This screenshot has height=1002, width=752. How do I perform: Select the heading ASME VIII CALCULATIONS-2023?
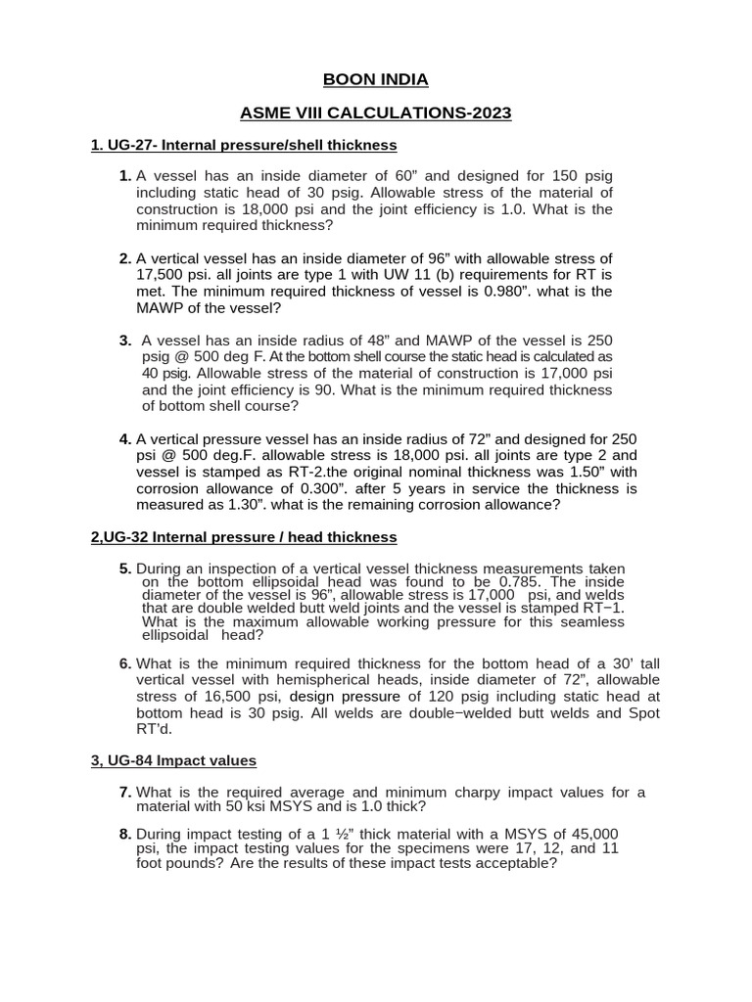pyautogui.click(x=375, y=114)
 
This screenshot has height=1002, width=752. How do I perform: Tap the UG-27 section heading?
pyautogui.click(x=244, y=145)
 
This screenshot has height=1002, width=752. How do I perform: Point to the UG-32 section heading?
pyautogui.click(x=244, y=536)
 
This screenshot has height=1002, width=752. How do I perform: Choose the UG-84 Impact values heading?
pyautogui.click(x=173, y=760)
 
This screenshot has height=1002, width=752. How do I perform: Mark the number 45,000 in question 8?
pyautogui.click(x=584, y=833)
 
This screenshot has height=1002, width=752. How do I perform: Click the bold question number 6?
pyautogui.click(x=125, y=663)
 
